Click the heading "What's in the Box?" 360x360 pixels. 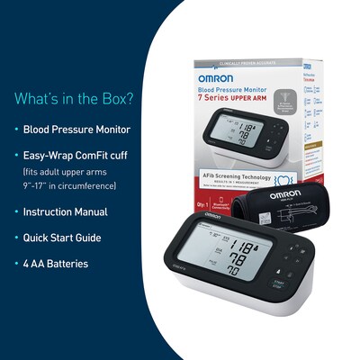click(x=73, y=96)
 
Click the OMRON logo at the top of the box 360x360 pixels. click(x=215, y=78)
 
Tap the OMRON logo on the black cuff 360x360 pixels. click(x=282, y=195)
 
